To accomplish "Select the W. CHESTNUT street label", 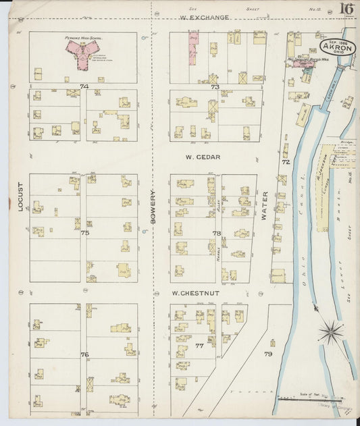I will click(195, 293).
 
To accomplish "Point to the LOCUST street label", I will click(20, 196).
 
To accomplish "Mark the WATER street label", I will click(265, 206).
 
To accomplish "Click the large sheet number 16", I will click(346, 9).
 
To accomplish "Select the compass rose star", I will click(331, 331).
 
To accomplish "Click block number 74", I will click(84, 86).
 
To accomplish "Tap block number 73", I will click(215, 87).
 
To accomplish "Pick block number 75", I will click(84, 232).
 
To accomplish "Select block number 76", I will click(84, 354).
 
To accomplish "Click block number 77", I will click(199, 346).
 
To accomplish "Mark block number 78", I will click(216, 233).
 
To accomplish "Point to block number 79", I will click(268, 354).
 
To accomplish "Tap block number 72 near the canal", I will click(286, 163).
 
